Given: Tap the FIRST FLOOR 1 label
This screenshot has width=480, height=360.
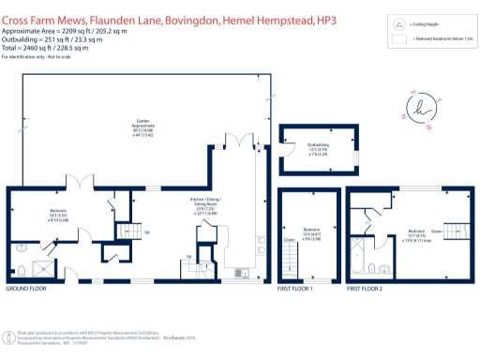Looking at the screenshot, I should click(x=295, y=291).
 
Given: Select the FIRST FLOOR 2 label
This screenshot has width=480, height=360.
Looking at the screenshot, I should click(x=364, y=291).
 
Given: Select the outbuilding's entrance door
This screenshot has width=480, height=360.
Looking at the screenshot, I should click(x=355, y=153).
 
